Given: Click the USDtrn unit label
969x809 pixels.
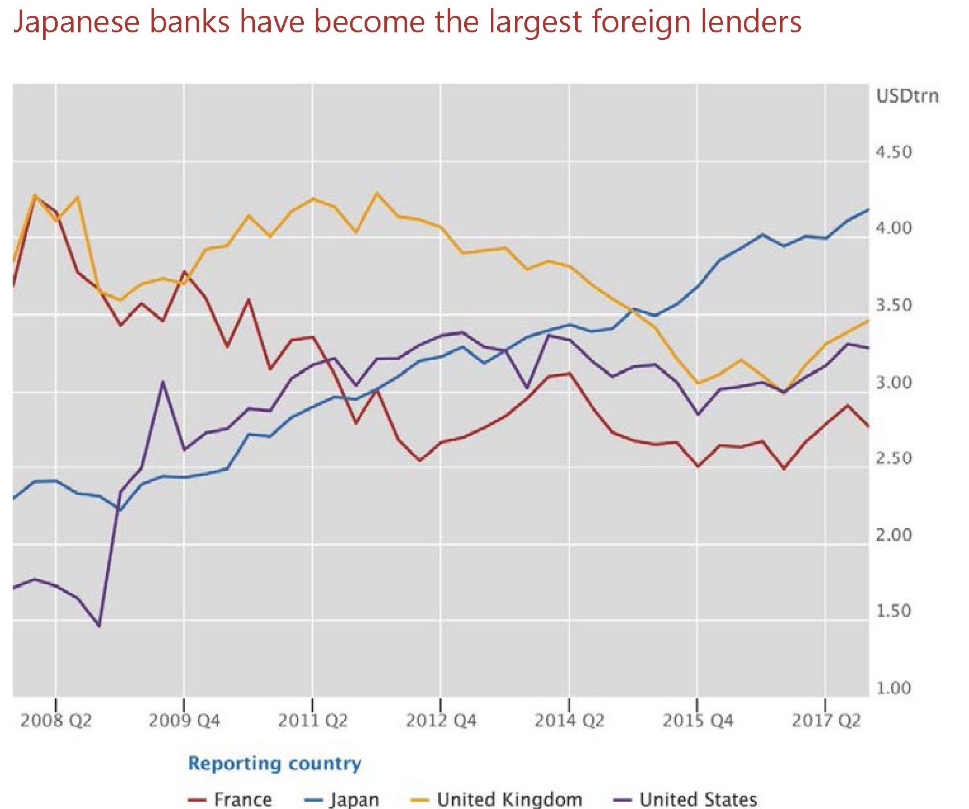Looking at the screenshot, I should [x=907, y=96].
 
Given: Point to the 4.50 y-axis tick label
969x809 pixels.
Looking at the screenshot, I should [x=894, y=152].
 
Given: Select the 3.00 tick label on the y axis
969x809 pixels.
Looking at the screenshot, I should [x=894, y=382].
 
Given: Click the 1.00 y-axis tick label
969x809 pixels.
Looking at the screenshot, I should [x=894, y=688].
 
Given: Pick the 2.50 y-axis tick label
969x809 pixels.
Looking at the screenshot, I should [x=894, y=458].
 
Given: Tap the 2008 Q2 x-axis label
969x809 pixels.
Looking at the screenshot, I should [x=56, y=721].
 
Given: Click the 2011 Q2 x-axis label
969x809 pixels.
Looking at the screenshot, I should [x=313, y=721].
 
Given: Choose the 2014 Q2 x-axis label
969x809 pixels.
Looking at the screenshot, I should [x=569, y=721].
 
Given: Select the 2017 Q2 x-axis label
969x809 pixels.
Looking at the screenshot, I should [x=826, y=721].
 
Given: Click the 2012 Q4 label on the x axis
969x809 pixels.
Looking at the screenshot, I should [x=441, y=721].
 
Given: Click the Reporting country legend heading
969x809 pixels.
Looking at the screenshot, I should [x=275, y=763].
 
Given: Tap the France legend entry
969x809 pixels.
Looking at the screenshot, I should [x=242, y=799].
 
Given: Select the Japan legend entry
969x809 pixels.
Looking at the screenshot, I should [x=354, y=799].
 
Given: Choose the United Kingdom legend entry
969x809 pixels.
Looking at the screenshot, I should [x=509, y=799].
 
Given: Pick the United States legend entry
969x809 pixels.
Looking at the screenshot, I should [x=698, y=799].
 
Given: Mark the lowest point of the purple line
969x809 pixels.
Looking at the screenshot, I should [x=99, y=626].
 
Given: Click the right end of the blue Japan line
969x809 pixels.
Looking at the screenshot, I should [x=868, y=209].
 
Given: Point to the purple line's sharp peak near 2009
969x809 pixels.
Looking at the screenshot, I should [x=163, y=382].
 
